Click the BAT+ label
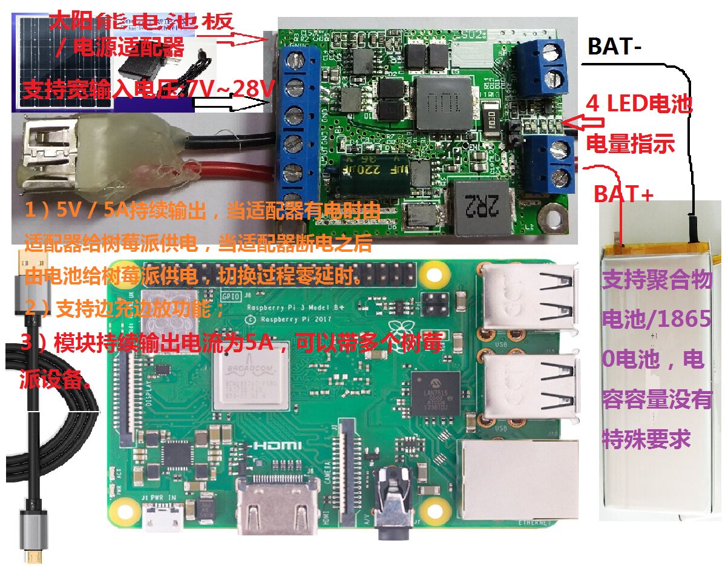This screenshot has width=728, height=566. coord(623,194)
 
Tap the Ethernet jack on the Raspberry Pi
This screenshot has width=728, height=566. coord(518,478)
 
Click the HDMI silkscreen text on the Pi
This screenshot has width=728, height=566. coord(277,445)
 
